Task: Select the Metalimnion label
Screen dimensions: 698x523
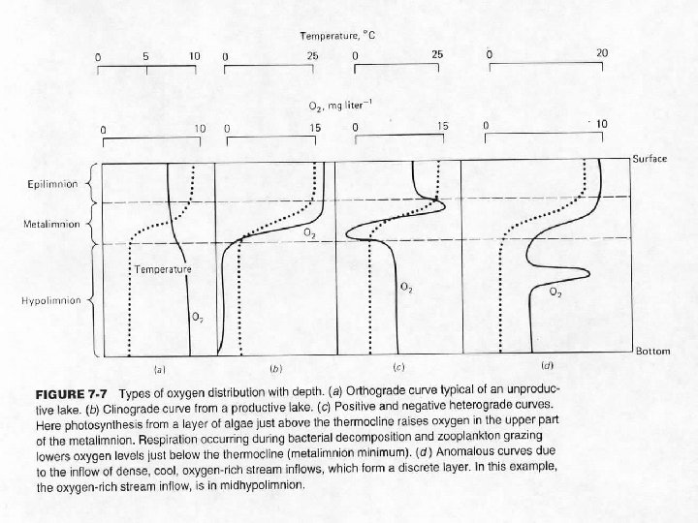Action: (48, 225)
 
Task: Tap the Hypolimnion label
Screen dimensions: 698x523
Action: (49, 300)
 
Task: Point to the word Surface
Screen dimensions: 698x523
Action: (650, 158)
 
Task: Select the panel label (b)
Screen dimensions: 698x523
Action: (275, 368)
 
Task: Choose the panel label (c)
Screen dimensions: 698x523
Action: (397, 368)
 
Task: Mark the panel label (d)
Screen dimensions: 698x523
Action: (547, 367)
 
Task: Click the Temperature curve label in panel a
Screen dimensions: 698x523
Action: (162, 267)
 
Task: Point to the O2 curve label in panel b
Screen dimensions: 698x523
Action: (308, 234)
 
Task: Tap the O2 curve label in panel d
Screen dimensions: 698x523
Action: (556, 292)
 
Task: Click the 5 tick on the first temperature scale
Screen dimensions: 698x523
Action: (145, 55)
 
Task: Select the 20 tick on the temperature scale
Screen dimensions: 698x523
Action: (601, 51)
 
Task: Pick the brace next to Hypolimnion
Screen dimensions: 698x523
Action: (90, 300)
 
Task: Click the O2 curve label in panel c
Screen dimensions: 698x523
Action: (406, 287)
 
